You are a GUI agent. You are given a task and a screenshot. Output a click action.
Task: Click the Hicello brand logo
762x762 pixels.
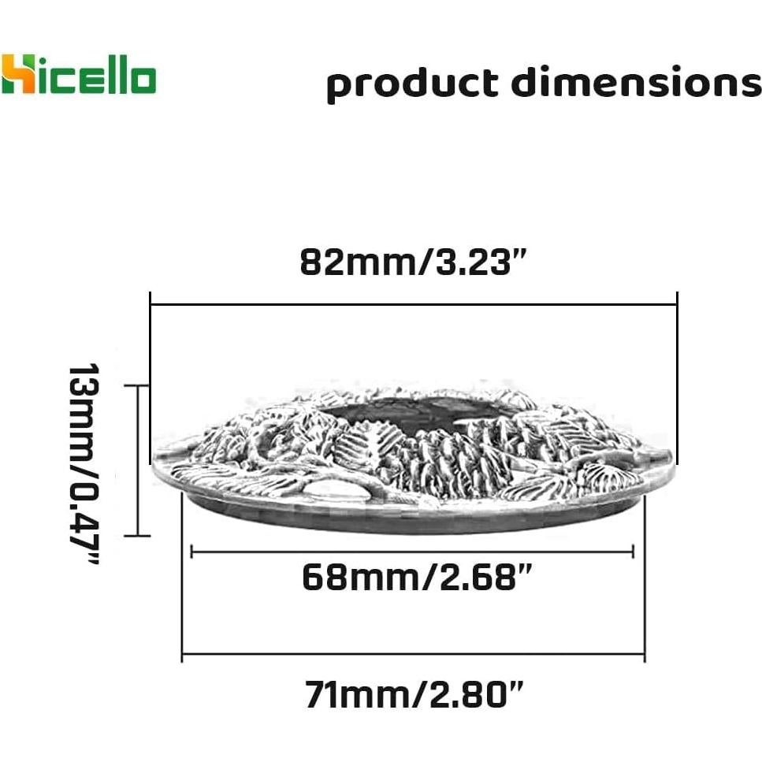tap(79, 74)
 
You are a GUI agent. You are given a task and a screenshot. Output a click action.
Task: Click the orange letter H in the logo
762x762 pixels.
tap(17, 74)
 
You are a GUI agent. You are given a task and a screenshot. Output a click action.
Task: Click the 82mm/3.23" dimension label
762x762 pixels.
tap(412, 262)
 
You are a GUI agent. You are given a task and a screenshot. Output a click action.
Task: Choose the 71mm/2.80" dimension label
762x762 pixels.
tap(414, 695)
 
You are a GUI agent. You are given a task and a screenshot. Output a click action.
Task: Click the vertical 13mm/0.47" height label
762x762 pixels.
tap(83, 463)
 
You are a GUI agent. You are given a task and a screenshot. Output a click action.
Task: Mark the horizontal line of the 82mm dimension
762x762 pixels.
tap(413, 303)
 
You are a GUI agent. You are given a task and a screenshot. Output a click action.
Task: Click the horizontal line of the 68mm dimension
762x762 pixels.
tap(412, 553)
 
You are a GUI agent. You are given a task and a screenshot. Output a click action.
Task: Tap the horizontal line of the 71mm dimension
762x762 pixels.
tap(413, 653)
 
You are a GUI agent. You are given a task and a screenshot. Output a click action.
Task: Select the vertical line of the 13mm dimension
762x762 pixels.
tap(138, 461)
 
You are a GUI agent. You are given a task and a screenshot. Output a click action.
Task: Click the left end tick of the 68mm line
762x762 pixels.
tap(191, 553)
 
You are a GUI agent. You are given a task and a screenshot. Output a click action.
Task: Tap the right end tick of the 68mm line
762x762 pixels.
tap(633, 553)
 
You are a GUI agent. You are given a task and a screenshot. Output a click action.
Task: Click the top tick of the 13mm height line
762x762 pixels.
tap(137, 385)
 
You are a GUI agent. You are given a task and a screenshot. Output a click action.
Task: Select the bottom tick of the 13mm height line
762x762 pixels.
tap(137, 536)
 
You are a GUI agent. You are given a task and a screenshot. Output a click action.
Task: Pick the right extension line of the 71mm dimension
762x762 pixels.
tap(645, 583)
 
